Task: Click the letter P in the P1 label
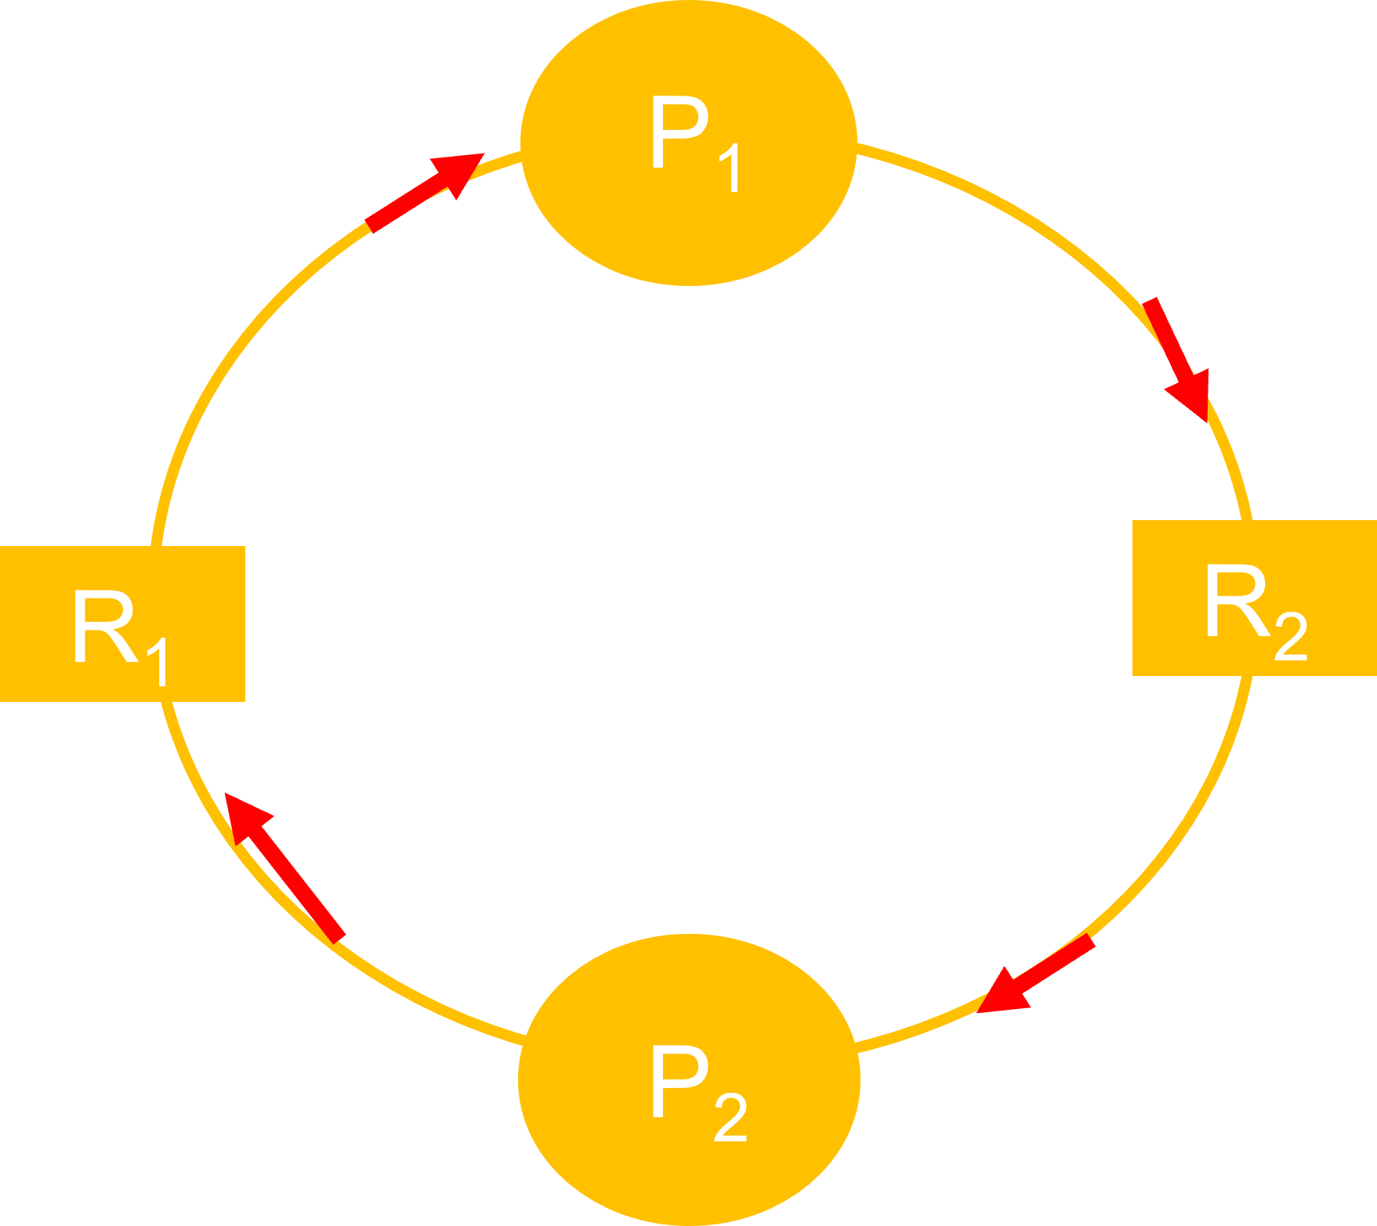679,132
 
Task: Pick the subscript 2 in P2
730,1119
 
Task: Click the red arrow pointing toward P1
423,193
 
